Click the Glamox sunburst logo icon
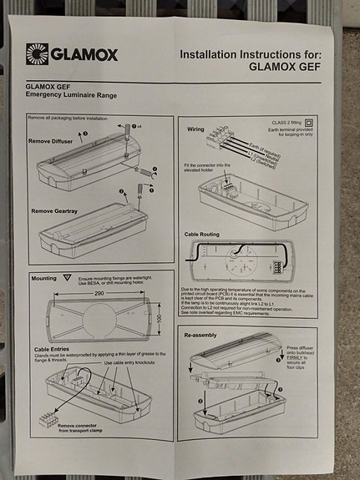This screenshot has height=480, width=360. tap(37, 54)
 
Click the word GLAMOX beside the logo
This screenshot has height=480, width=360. tap(84, 55)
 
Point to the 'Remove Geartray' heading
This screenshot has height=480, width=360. tap(59, 210)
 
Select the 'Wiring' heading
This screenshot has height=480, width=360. tap(195, 130)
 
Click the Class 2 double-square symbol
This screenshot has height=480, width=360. tap(308, 121)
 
